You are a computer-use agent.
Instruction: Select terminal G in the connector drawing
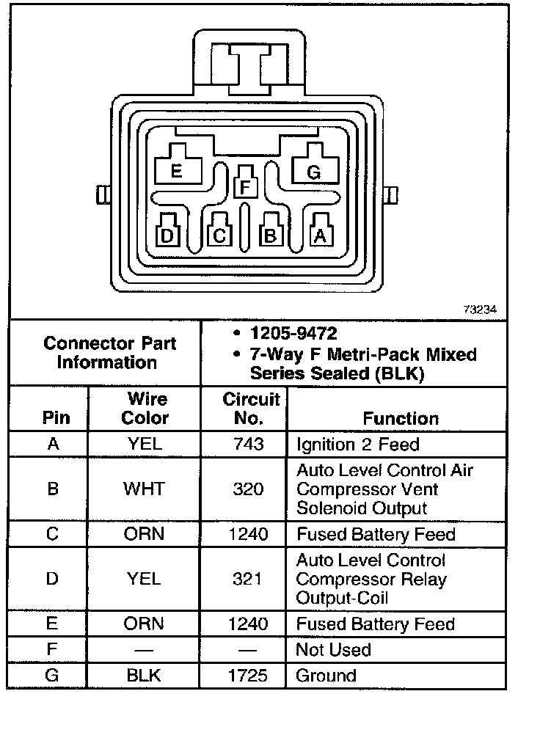coord(313,171)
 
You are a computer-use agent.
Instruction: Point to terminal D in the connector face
coord(168,234)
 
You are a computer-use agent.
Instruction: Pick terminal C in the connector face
coord(218,234)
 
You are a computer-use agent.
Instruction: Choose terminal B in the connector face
coord(271,234)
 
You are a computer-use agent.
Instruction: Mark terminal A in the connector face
coord(320,234)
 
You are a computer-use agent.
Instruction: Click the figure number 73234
coord(479,310)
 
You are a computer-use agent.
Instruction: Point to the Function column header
coord(401,418)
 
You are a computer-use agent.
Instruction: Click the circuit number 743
coord(247,445)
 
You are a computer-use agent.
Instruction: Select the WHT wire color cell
coord(145,489)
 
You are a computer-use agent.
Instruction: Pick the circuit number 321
coord(247,580)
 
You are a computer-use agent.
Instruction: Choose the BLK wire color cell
coord(145,676)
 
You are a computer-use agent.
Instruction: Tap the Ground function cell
coord(326,676)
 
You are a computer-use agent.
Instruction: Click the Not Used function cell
coord(333,650)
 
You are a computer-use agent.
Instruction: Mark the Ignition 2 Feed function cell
coord(357,445)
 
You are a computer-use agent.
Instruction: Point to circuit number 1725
coord(247,676)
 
